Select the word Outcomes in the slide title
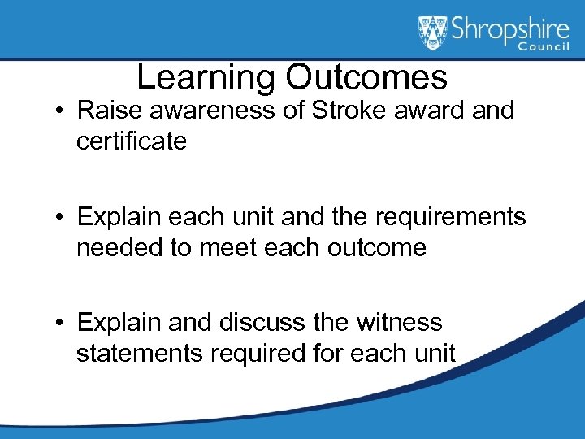tap(366, 77)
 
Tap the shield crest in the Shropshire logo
tap(433, 33)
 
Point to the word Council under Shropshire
tap(547, 48)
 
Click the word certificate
tap(132, 141)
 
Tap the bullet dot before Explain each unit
tap(63, 218)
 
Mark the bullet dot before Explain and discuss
tap(63, 324)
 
